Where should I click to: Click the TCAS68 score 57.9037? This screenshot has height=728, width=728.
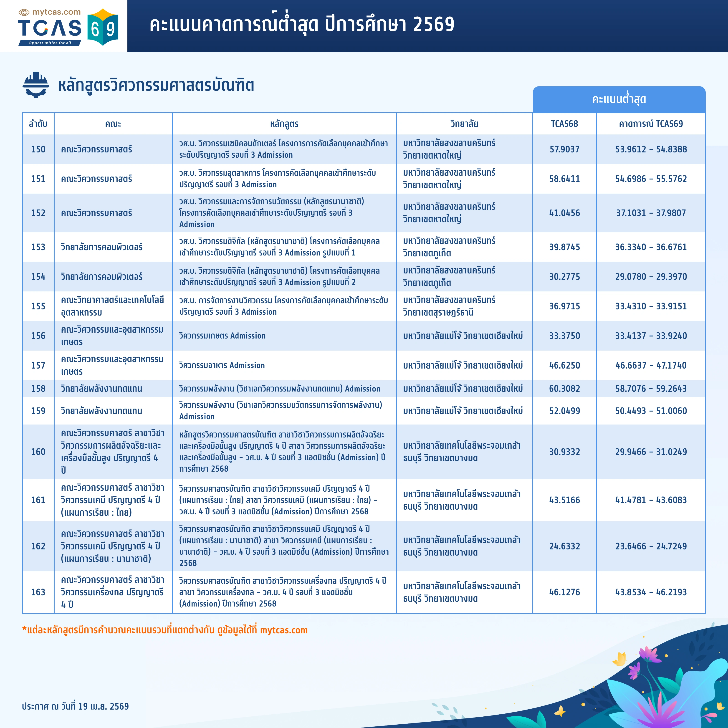coord(564,149)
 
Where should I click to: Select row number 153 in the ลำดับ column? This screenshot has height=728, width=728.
coord(38,247)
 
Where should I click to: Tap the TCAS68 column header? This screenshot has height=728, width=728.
coord(564,124)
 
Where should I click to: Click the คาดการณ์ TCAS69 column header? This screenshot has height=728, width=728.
coord(651,124)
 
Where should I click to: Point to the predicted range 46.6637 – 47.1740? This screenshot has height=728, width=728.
coord(651,365)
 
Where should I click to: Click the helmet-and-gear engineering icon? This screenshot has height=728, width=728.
coord(36,85)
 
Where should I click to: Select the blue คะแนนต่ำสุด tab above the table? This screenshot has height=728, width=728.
coord(619,99)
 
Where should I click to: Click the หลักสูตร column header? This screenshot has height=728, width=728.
coord(284,124)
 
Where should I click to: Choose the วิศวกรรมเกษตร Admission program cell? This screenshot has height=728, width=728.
coord(222,336)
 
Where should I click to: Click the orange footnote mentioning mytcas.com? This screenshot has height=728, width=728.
coord(165,630)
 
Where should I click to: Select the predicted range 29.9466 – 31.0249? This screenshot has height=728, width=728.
coord(651,452)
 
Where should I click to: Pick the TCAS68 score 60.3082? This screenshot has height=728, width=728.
coord(564,389)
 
